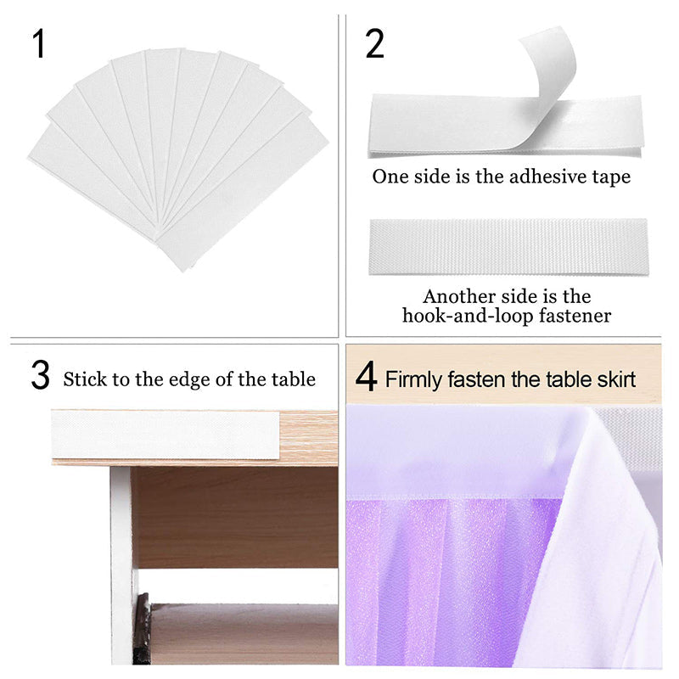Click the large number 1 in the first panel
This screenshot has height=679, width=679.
(38, 44)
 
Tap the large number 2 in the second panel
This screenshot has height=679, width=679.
(374, 44)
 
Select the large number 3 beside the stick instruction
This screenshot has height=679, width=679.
(40, 375)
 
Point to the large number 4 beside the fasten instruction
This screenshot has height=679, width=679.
(366, 377)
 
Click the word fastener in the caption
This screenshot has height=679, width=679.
(575, 316)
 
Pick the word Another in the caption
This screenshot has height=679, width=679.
(459, 297)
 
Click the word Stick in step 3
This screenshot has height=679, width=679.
(84, 379)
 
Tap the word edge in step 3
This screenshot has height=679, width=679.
(188, 380)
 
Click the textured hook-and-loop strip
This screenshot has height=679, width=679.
(508, 246)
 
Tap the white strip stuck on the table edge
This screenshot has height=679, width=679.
(166, 435)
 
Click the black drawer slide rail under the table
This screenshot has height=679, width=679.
(142, 628)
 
